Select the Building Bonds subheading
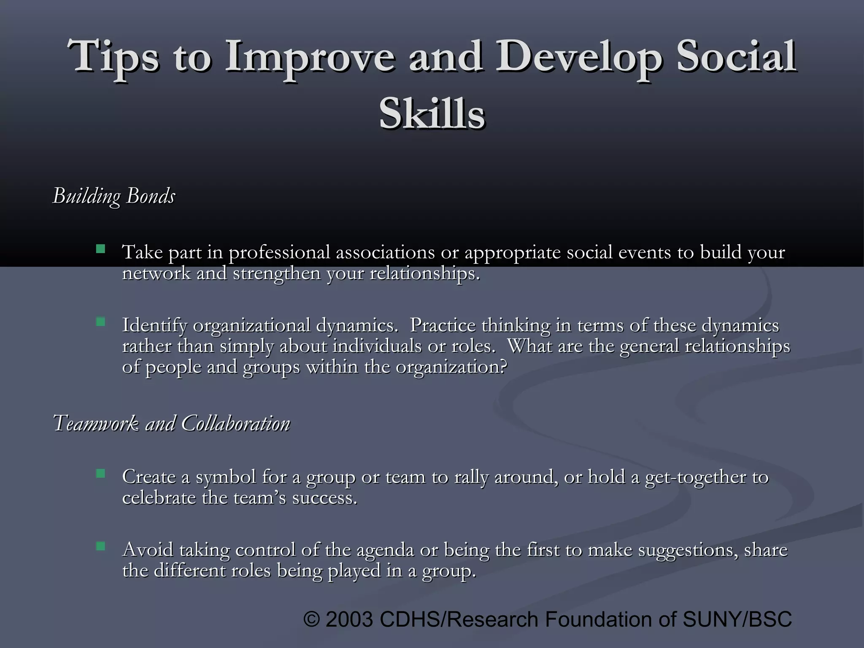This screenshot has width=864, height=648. [x=114, y=196]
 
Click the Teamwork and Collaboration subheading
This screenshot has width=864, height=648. [x=172, y=423]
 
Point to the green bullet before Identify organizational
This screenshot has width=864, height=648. [x=100, y=322]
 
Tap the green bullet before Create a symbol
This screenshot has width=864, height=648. [x=100, y=474]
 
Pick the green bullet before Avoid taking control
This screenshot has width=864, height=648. [x=100, y=547]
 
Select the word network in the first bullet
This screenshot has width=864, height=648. [x=156, y=274]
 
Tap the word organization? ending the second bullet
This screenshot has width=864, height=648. [x=451, y=367]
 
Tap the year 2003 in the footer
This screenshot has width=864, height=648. [x=349, y=619]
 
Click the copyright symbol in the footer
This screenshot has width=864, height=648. [x=312, y=619]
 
